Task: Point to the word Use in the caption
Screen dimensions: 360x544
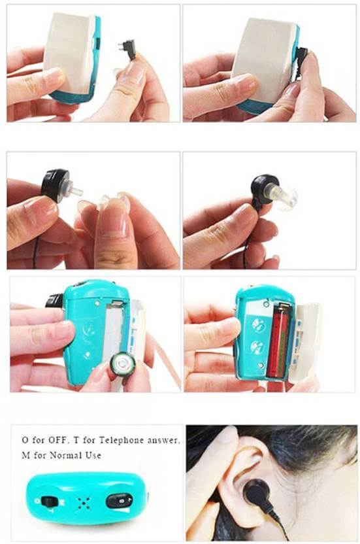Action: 93,454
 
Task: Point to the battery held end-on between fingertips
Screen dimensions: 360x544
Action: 122,364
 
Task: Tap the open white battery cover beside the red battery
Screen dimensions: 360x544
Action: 305,342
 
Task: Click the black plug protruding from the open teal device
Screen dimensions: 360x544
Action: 55,301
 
